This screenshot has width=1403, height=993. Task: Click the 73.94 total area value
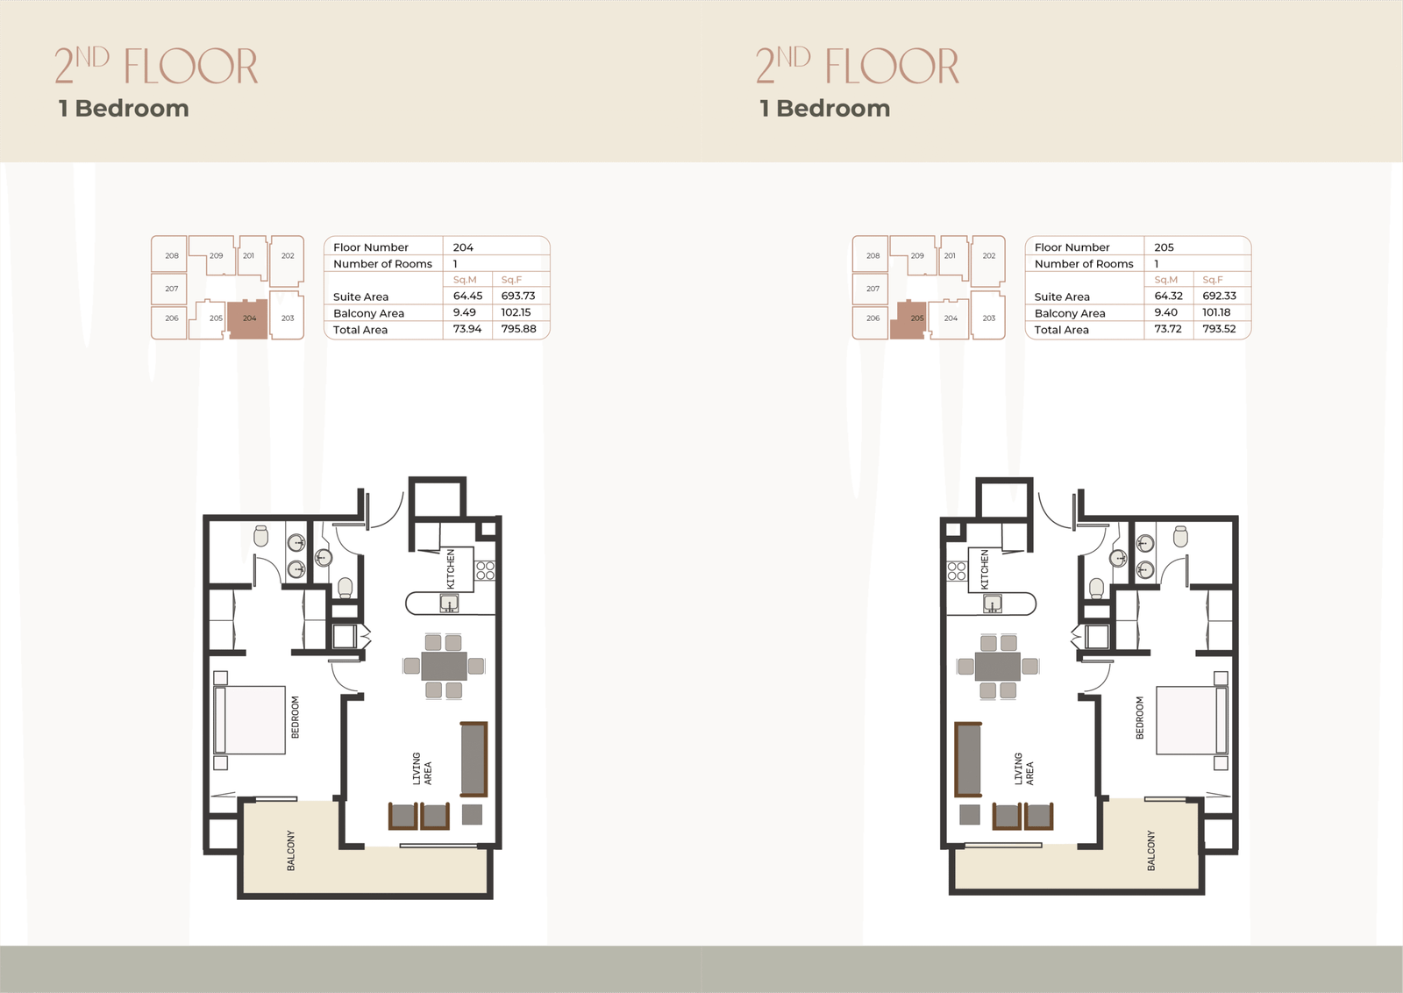tap(467, 329)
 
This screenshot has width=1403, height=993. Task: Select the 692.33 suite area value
tap(1219, 296)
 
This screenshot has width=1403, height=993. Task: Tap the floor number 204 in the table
tap(463, 247)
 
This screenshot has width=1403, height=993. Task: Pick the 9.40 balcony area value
tap(1165, 312)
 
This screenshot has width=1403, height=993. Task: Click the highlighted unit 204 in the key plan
tap(248, 320)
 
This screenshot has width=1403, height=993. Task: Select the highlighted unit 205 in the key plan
tap(908, 320)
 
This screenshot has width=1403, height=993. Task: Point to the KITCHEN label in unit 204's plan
tap(451, 568)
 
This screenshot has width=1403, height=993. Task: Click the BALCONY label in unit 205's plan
tap(1150, 850)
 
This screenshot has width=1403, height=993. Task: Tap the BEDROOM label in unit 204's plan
tap(295, 717)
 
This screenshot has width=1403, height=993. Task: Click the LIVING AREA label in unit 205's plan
tap(1023, 768)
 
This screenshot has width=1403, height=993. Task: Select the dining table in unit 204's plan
tap(444, 665)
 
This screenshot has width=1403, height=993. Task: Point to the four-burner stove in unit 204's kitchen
tap(486, 571)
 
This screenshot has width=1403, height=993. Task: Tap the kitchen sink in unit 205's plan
tap(992, 604)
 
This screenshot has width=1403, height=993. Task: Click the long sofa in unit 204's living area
tap(474, 759)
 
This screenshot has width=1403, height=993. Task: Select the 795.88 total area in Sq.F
tap(518, 329)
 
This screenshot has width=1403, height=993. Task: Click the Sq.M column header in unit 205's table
tap(1165, 280)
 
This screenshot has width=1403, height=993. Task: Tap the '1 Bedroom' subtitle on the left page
tap(124, 109)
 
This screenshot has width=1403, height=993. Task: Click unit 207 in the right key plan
tap(872, 289)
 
